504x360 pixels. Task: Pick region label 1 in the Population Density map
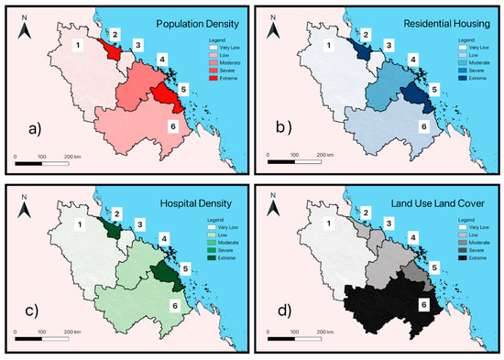79,46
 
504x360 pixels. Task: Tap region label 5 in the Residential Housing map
433,89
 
